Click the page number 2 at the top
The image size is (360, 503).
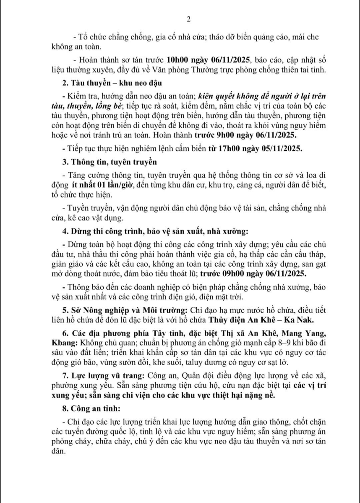coord(188,19)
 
